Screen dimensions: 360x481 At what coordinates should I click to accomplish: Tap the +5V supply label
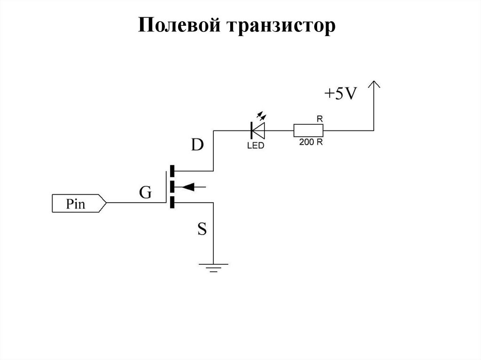click(x=341, y=93)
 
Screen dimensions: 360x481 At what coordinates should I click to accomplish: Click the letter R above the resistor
click(x=319, y=119)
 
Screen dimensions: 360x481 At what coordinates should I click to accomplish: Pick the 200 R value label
click(x=311, y=142)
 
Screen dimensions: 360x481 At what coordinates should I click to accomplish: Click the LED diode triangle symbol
click(x=258, y=130)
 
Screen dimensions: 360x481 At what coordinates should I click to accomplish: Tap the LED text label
click(x=256, y=146)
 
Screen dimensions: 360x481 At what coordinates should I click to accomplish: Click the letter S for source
click(x=202, y=229)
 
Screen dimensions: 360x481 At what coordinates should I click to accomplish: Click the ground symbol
click(x=214, y=268)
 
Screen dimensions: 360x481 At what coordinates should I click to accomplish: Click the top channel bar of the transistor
click(x=172, y=171)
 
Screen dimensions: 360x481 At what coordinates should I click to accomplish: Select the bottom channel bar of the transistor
click(x=172, y=203)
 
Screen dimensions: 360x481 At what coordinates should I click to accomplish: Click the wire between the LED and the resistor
click(x=279, y=130)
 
